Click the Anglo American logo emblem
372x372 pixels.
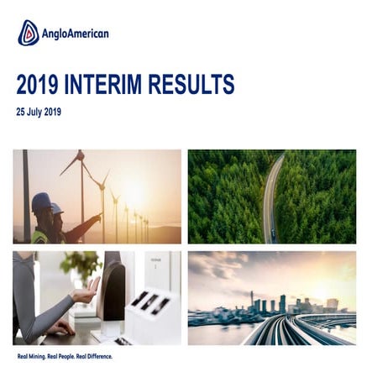click(28, 33)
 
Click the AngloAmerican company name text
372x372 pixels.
click(76, 34)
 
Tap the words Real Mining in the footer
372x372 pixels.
click(31, 357)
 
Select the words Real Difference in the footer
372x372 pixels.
click(94, 357)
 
